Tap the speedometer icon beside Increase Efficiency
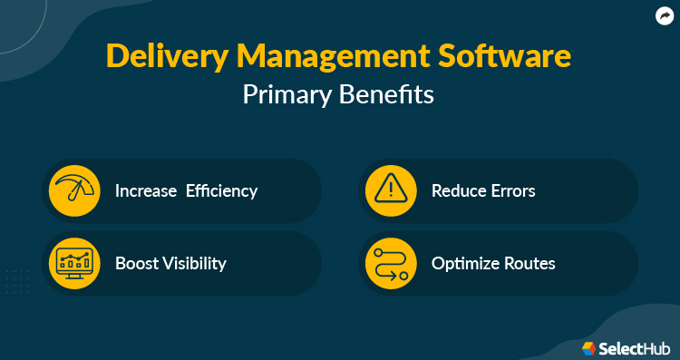(73, 190)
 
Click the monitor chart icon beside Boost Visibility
(73, 264)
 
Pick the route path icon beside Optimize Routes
(390, 264)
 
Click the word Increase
(146, 191)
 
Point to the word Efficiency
(222, 191)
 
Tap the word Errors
(514, 191)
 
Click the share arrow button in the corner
(665, 15)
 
